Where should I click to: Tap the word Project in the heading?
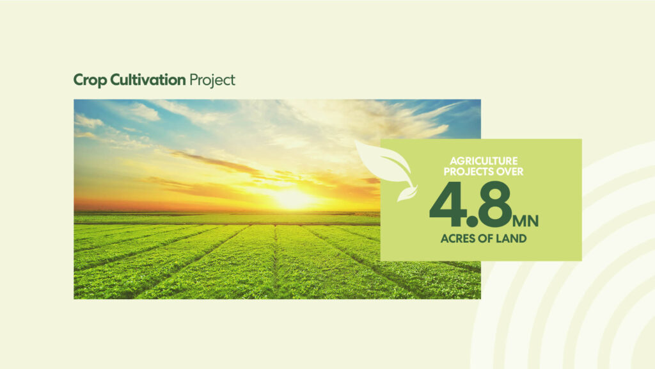[x=212, y=81]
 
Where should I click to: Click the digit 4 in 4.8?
[x=446, y=204]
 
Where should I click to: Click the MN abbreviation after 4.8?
[x=526, y=221]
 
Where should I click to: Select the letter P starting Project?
[x=194, y=80]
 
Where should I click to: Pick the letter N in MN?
[x=533, y=221]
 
